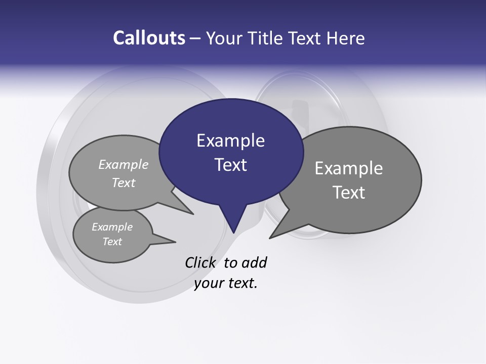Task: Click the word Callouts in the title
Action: point(149,38)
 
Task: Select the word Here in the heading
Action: point(346,38)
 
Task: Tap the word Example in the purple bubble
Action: point(230,141)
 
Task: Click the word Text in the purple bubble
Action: point(230,165)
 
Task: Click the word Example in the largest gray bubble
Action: point(348,168)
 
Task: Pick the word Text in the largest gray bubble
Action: point(348,193)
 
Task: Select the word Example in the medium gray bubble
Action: point(124,165)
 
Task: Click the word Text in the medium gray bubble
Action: point(124,183)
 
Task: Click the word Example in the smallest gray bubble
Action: point(112,227)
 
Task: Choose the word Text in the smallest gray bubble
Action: point(112,242)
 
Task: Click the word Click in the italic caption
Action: point(200,262)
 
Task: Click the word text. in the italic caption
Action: point(241,283)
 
